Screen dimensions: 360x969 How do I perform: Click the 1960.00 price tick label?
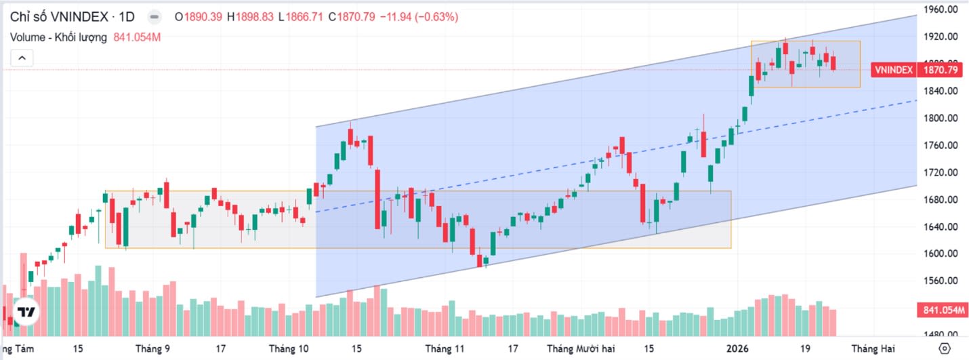click(x=939, y=9)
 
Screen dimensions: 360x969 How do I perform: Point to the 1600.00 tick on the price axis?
click(x=939, y=254)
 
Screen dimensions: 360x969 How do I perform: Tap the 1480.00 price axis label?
click(x=939, y=334)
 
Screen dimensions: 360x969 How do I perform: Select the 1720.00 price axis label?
click(x=939, y=172)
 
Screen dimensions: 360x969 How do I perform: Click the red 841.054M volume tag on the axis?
click(x=942, y=311)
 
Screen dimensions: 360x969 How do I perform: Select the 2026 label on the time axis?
click(x=738, y=348)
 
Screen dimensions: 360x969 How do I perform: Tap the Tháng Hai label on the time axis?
click(x=873, y=348)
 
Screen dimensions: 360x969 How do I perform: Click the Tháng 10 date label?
click(x=288, y=348)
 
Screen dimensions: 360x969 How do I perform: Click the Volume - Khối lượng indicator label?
click(x=58, y=37)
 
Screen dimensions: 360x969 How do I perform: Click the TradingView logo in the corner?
click(x=26, y=313)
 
